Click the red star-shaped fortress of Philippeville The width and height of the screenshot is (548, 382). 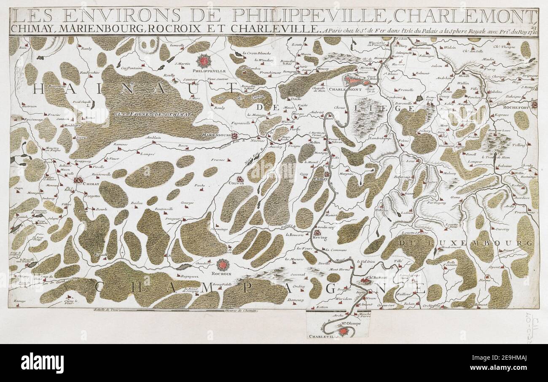[x=204, y=62]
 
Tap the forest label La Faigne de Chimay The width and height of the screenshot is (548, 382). [x=155, y=114]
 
